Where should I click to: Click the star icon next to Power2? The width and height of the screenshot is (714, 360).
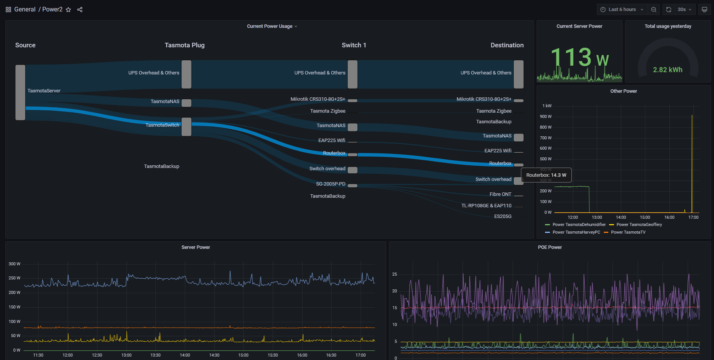[68, 10]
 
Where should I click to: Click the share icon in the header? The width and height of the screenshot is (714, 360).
[80, 10]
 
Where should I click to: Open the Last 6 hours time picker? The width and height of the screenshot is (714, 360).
[622, 10]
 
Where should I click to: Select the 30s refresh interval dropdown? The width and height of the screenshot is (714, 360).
[685, 10]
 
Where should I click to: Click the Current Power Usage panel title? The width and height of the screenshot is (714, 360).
[270, 26]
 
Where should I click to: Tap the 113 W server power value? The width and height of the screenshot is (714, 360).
[579, 58]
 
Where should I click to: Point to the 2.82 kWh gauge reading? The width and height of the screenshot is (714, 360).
[667, 70]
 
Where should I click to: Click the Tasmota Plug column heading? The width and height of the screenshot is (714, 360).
[185, 45]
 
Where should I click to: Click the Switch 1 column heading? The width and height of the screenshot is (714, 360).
[354, 45]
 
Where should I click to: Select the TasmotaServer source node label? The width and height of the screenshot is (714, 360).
[44, 91]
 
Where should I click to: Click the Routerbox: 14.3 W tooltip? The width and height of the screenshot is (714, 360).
[546, 175]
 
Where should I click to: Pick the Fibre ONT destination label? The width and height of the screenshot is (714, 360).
[500, 194]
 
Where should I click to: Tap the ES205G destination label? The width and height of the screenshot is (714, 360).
[503, 216]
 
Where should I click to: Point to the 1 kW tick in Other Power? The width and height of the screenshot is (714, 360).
[547, 106]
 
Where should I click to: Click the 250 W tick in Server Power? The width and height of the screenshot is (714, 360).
[15, 278]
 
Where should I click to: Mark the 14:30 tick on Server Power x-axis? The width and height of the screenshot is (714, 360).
[214, 355]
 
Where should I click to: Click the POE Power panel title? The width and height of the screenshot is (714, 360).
[550, 247]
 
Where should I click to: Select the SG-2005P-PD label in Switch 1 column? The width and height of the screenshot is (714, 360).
[330, 184]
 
